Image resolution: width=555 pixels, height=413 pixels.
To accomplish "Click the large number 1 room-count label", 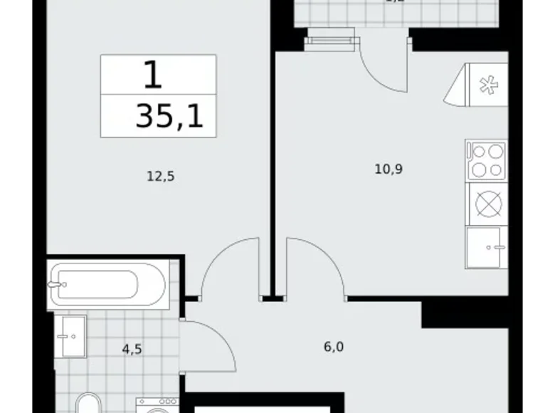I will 153,74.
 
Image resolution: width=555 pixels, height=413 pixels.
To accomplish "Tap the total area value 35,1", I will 169,116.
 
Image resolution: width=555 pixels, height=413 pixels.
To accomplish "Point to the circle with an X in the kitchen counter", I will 487,204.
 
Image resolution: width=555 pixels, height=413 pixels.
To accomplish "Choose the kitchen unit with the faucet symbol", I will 487,247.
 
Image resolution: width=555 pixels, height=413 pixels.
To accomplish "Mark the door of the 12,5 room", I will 229,267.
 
